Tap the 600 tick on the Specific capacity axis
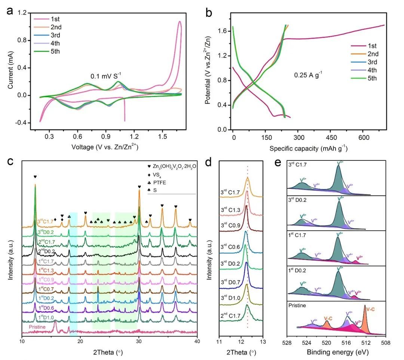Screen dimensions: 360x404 point(363,137)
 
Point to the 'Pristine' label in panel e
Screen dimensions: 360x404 point(296,305)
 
